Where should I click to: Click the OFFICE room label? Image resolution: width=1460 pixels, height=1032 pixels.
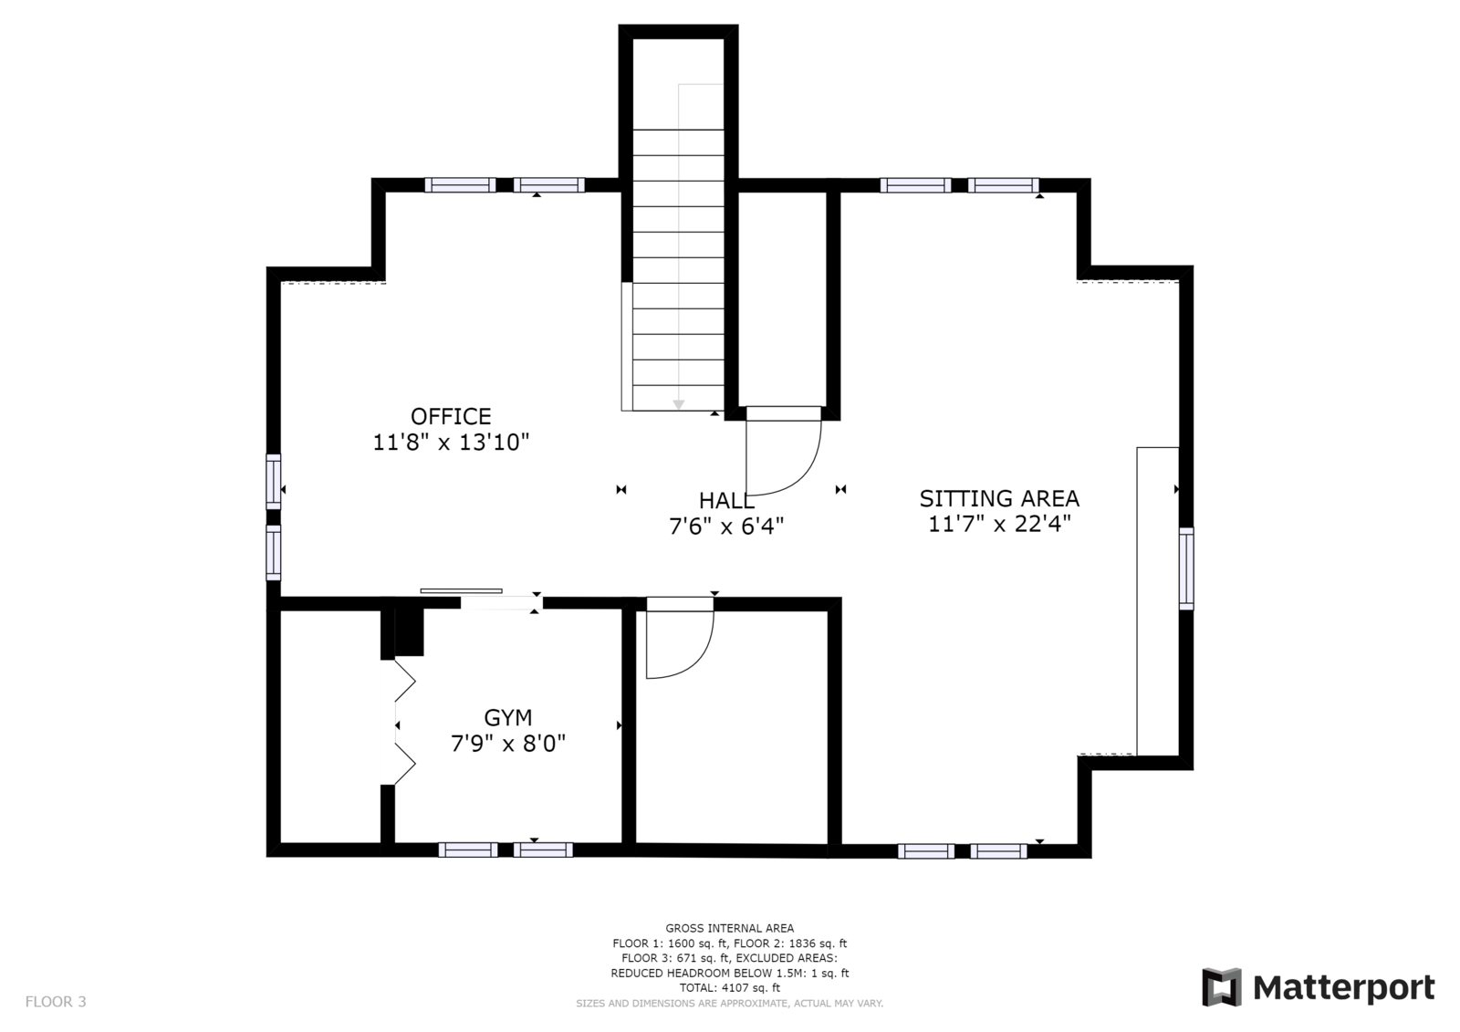(451, 416)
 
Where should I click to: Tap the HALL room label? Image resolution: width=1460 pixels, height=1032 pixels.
(726, 501)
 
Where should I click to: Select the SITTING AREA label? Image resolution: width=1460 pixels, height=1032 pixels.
(999, 499)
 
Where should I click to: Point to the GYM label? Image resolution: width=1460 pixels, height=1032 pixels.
(507, 718)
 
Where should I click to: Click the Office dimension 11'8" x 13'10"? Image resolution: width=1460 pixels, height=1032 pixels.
(451, 443)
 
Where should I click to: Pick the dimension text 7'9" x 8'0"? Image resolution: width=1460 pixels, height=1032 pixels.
(507, 743)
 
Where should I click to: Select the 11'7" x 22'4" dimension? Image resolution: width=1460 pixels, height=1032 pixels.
(999, 524)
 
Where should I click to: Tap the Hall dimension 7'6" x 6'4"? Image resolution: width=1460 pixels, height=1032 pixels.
(726, 526)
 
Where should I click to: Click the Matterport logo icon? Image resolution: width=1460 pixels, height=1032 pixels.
(1222, 987)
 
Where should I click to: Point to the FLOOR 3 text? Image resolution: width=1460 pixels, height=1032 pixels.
(56, 1001)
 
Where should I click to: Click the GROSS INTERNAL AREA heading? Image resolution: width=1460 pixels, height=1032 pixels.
(729, 928)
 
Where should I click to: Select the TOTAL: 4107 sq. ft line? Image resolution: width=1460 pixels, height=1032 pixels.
(729, 987)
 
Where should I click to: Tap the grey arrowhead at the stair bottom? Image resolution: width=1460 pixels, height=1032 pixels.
(679, 405)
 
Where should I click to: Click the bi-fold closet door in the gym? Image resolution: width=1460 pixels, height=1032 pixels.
(404, 723)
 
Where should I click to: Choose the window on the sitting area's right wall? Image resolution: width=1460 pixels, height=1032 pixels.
(1186, 568)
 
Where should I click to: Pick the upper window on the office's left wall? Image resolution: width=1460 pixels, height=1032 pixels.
(274, 482)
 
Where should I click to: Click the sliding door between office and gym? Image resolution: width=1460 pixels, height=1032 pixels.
(462, 591)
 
